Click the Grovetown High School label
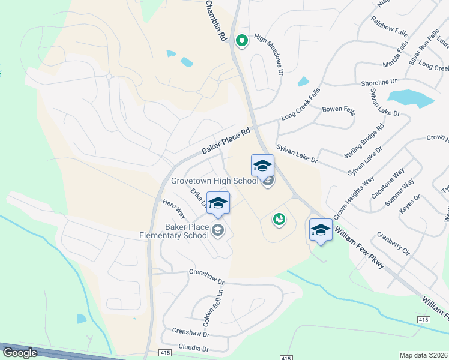(214, 181)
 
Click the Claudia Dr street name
(193, 348)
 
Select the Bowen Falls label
(339, 110)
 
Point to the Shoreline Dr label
(379, 82)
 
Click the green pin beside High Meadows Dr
(241, 41)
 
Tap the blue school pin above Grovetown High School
(262, 166)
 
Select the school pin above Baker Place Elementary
(218, 203)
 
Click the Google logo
(20, 353)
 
